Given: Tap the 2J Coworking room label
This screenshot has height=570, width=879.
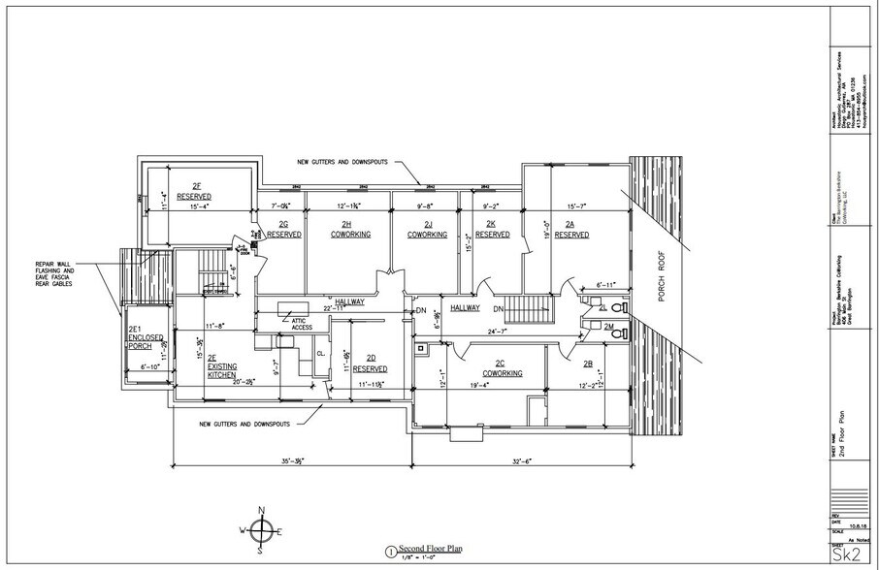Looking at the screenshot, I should point(425,230).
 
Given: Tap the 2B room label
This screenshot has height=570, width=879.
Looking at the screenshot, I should point(588,364).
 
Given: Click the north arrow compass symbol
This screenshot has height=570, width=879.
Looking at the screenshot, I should point(261,529).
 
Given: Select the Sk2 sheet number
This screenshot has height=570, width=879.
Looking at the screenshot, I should point(849,555).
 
